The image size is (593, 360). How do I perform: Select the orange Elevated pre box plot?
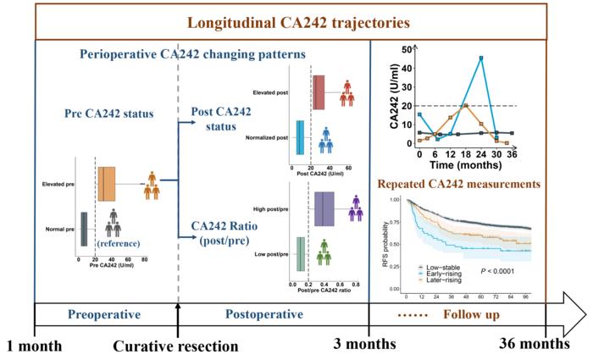pyautogui.click(x=108, y=183)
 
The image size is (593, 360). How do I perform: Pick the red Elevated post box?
pyautogui.click(x=319, y=92)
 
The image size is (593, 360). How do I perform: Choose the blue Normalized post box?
pyautogui.click(x=301, y=137)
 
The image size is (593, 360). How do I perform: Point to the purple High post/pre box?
pyautogui.click(x=325, y=208)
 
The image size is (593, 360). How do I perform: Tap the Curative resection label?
pyautogui.click(x=177, y=346)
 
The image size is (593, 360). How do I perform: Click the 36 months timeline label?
pyautogui.click(x=532, y=346)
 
